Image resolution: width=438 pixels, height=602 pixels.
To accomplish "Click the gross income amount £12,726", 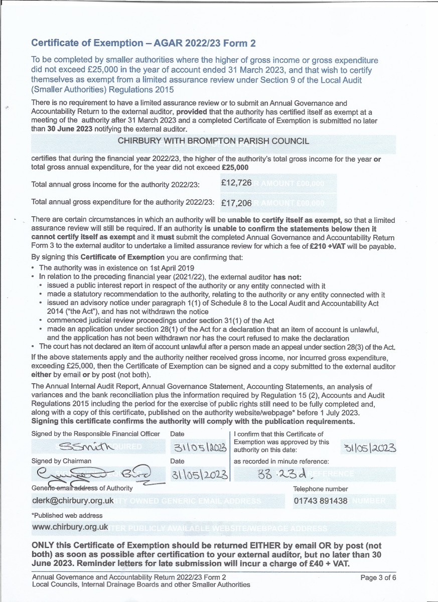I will pos(236,183).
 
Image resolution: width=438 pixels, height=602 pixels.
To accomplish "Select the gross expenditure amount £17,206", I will pos(236,203).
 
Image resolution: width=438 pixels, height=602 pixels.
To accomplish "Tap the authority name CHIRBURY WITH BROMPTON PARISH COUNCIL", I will pos(213,141).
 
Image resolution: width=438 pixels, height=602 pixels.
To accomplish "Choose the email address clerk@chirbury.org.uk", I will pos(73,501).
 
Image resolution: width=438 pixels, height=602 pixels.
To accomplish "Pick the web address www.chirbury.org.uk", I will pos(70,527).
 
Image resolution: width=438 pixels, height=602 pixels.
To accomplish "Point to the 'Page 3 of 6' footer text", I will pos(378,577).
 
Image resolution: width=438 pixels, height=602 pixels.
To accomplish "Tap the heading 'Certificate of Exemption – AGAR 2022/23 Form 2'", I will pos(143,43).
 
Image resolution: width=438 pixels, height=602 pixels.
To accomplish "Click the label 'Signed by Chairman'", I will pos(61,461).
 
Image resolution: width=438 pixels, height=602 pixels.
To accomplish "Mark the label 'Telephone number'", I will pos(320,489).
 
